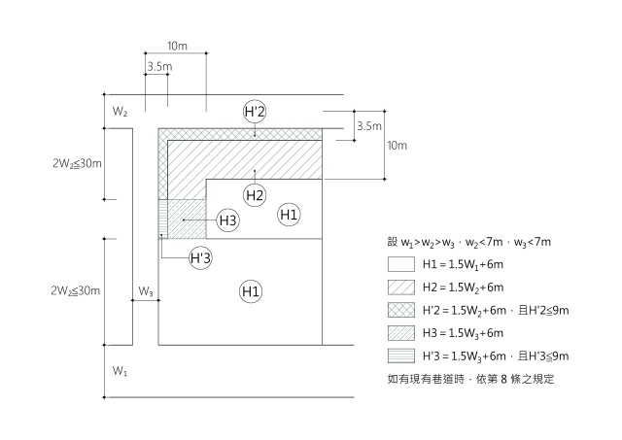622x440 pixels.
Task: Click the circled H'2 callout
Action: (x=255, y=112)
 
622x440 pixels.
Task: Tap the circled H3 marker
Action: (x=227, y=221)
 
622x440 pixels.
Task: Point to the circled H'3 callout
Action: (x=201, y=258)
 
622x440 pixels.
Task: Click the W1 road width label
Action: (x=120, y=371)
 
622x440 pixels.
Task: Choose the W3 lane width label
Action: (x=146, y=290)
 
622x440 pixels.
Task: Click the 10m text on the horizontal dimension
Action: (x=177, y=46)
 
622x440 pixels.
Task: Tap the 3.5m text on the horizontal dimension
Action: (x=158, y=67)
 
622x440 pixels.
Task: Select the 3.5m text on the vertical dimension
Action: (x=369, y=125)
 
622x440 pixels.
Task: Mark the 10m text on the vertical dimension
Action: (x=397, y=146)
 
